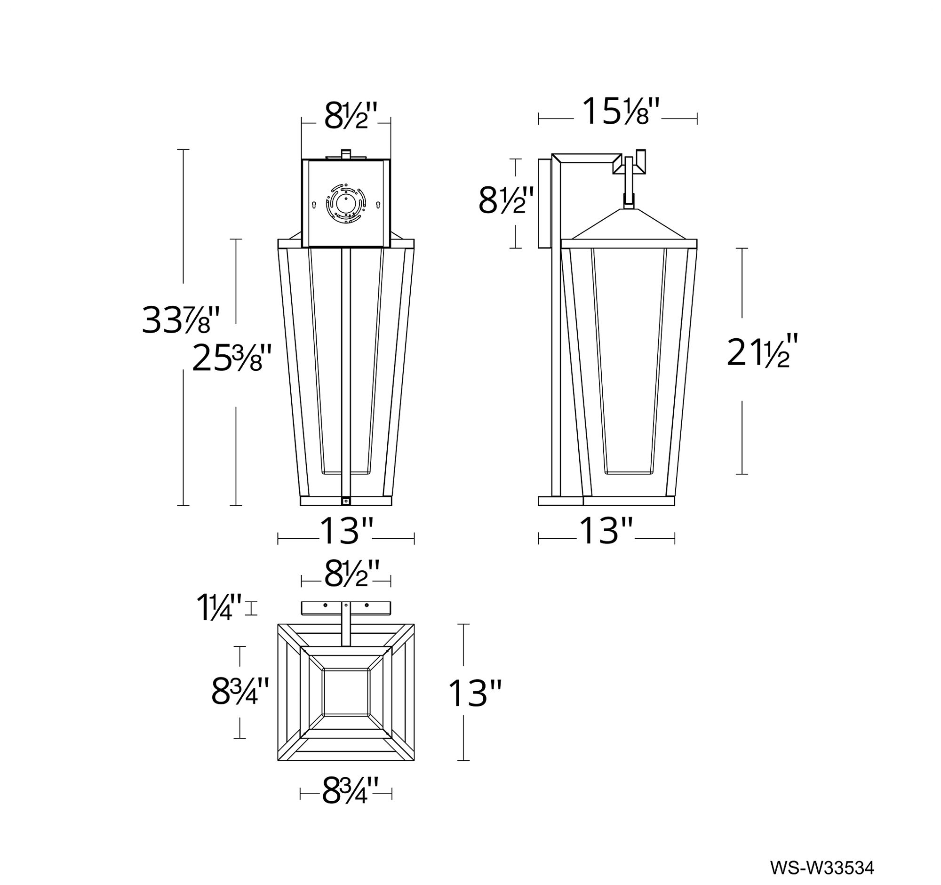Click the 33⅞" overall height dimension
tap(181, 320)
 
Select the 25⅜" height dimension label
tap(232, 358)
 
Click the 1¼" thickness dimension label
tap(220, 608)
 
